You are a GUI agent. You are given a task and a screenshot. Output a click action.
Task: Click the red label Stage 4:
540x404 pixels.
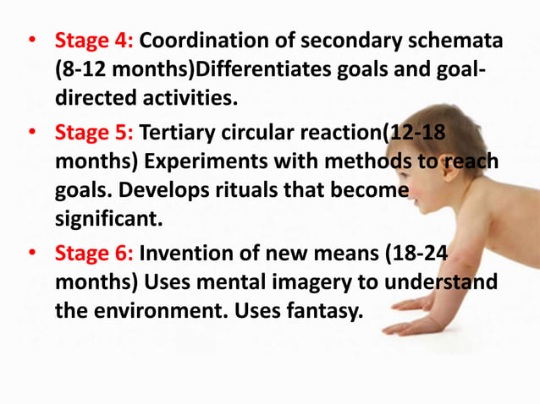94,41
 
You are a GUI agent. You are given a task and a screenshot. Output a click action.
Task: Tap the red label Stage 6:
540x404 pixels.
94,253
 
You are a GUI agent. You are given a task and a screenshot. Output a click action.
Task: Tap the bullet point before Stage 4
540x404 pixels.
31,41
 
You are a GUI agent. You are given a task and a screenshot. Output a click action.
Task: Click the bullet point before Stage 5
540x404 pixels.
31,134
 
